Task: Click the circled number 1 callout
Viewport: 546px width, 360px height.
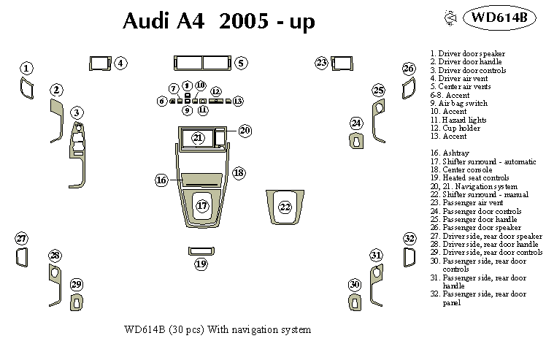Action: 26,69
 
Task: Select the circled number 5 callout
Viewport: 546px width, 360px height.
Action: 241,64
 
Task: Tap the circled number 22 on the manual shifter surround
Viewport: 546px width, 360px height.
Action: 285,207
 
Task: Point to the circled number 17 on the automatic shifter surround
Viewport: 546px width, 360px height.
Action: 203,207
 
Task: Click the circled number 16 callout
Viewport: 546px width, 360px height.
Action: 162,180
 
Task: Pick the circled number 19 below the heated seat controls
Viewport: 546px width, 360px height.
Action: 201,264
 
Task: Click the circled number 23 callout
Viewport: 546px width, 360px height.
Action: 322,63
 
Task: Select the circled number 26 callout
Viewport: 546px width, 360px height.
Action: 409,69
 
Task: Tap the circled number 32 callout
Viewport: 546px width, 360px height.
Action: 410,239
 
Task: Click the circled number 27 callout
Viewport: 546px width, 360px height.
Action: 22,239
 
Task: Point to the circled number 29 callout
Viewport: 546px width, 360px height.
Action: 76,284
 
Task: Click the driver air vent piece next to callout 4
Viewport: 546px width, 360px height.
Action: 99,63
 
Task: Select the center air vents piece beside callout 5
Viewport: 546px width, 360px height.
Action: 201,63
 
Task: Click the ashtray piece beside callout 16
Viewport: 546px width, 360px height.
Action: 201,180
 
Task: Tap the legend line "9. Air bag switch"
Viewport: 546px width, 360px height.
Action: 460,103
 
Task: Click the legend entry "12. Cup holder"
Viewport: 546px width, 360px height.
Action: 457,128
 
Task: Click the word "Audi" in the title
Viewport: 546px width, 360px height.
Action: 144,21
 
